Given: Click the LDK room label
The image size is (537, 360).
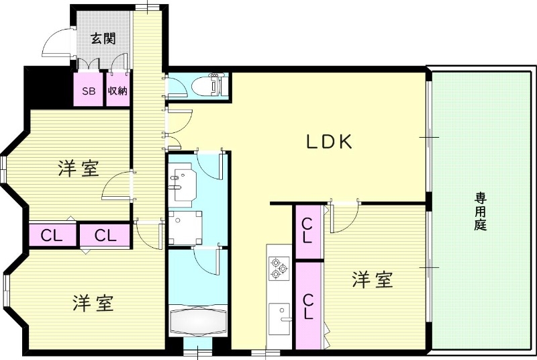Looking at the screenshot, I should click(x=330, y=142).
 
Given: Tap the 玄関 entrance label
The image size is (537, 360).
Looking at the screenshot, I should click(x=103, y=38).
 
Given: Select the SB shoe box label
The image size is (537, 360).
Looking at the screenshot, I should click(x=89, y=91).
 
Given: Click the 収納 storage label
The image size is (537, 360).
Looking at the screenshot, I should click(x=117, y=91).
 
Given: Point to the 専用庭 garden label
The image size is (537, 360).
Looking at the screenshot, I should click(x=480, y=212).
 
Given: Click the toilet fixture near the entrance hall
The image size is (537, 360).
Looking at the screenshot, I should click(x=208, y=86).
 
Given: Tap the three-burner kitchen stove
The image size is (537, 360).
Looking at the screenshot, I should click(x=278, y=269).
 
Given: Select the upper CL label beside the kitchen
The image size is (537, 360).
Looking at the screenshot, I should click(x=307, y=230).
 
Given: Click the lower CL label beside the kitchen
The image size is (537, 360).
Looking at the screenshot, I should click(x=307, y=306).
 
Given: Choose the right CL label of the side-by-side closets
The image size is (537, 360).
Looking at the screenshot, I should click(x=105, y=236).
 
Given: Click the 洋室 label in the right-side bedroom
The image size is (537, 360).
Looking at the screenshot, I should click(x=372, y=279).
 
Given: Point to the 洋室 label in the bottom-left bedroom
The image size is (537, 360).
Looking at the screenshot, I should click(x=93, y=303).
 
